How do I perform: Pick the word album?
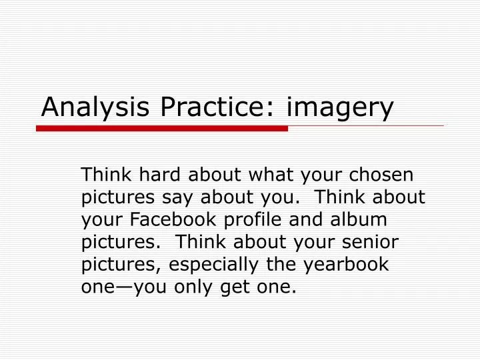pyautogui.click(x=367, y=219)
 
